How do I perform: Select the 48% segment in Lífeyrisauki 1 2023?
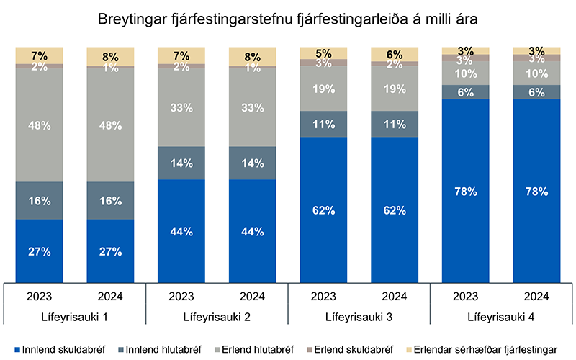pos(39,125)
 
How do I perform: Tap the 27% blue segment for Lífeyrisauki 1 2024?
pos(109,251)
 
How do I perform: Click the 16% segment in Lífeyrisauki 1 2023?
pos(39,200)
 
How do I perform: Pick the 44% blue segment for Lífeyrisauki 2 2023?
pos(181,231)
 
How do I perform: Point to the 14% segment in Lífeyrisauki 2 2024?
pos(252,163)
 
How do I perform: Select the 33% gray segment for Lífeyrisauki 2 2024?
pos(252,107)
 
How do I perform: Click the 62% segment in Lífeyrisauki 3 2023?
pos(323,210)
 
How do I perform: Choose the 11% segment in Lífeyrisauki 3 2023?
pos(323,124)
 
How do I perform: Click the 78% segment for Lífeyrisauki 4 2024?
pos(536,192)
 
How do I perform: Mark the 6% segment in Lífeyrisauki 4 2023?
pos(465,91)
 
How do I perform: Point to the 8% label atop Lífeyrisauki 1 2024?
pos(109,55)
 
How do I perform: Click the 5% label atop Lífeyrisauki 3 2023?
pos(323,53)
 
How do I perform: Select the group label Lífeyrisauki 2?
pos(217,318)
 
